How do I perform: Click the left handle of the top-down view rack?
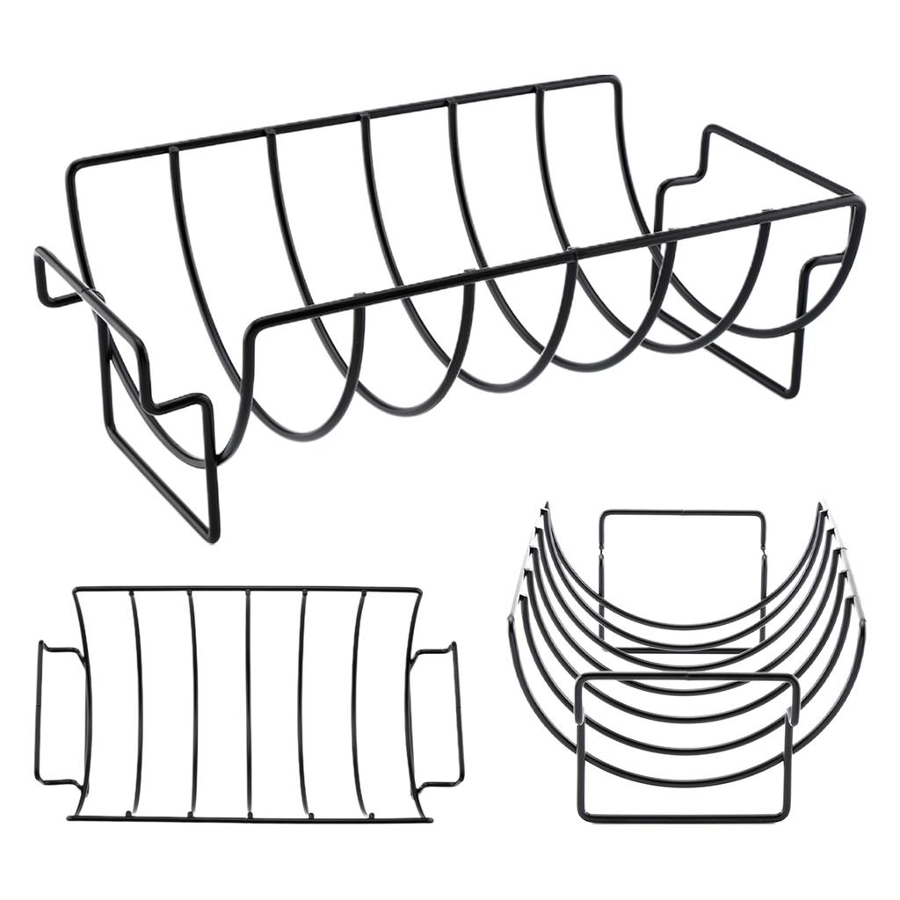click(40, 712)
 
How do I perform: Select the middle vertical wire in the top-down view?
click(250, 703)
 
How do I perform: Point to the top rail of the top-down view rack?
click(246, 589)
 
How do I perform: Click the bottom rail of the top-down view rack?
click(246, 818)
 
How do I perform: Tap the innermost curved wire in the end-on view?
click(686, 625)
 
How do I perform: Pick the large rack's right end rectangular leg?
click(795, 352)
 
